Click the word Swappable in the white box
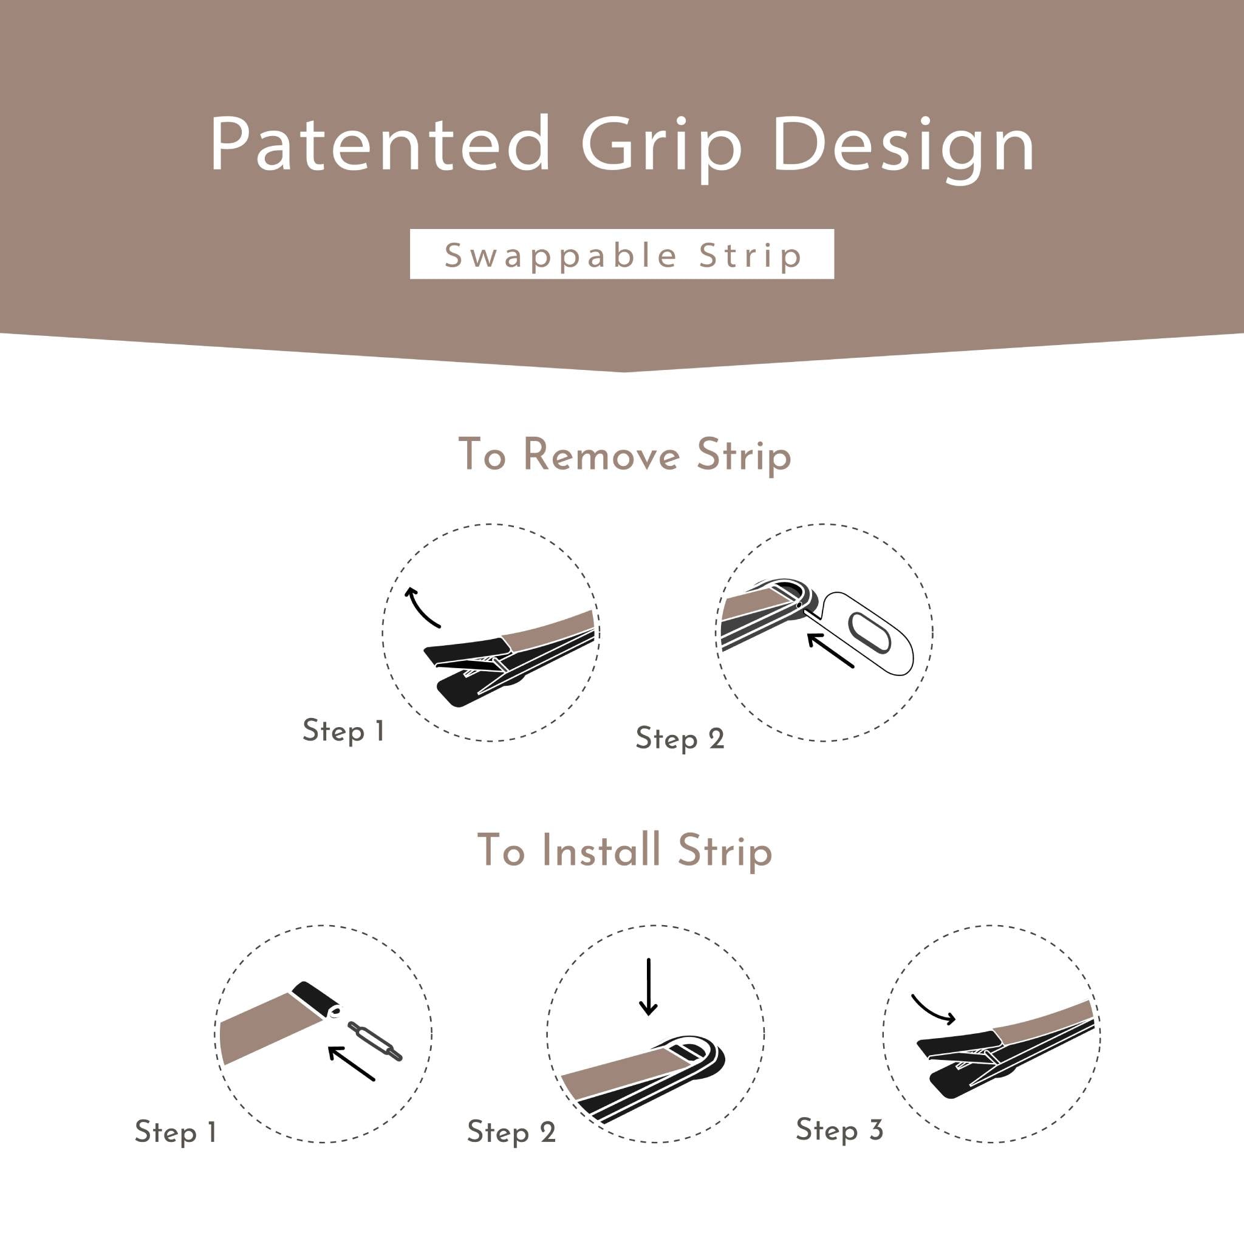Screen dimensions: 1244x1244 coord(560,256)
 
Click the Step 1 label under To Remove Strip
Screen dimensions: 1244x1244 coord(344,731)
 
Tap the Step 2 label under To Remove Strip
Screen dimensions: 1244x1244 coord(680,738)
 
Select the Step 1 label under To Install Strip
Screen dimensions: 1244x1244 coord(176,1132)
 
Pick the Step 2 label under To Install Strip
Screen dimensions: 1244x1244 coord(511,1132)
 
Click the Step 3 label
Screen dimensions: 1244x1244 coord(839,1130)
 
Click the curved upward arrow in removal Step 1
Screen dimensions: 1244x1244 coord(420,607)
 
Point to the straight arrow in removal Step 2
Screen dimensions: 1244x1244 coord(830,651)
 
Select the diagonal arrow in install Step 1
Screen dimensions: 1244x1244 coord(351,1063)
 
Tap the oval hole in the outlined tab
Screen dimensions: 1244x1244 coord(869,634)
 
